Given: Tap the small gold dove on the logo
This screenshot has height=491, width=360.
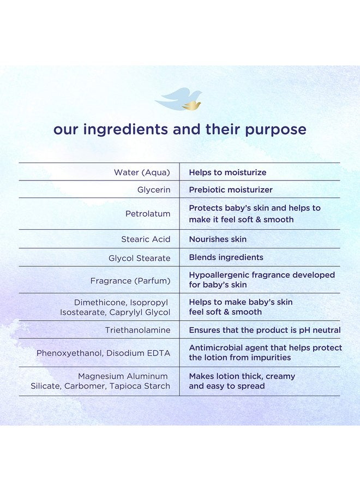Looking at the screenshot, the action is (x=191, y=106).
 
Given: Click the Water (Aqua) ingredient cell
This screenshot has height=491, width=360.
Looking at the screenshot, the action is (x=142, y=172).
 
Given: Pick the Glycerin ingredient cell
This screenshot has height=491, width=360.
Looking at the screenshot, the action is (x=154, y=190).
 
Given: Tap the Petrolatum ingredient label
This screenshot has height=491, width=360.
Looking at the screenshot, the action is (x=148, y=214).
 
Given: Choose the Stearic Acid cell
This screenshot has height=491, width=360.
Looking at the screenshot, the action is (x=146, y=239).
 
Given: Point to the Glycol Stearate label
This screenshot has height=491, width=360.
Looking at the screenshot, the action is (x=139, y=259).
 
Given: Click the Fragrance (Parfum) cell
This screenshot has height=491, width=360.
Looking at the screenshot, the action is (x=130, y=281).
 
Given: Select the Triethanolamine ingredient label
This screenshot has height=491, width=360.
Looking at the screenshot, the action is (x=138, y=330).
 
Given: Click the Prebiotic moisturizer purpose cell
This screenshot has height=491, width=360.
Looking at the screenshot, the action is (x=231, y=190).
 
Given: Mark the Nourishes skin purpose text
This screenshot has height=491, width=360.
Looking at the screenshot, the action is (x=218, y=239).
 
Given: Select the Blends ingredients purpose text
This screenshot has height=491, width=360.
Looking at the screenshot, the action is (x=226, y=258).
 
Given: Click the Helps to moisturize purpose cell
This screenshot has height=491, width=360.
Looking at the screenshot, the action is (x=227, y=172).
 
